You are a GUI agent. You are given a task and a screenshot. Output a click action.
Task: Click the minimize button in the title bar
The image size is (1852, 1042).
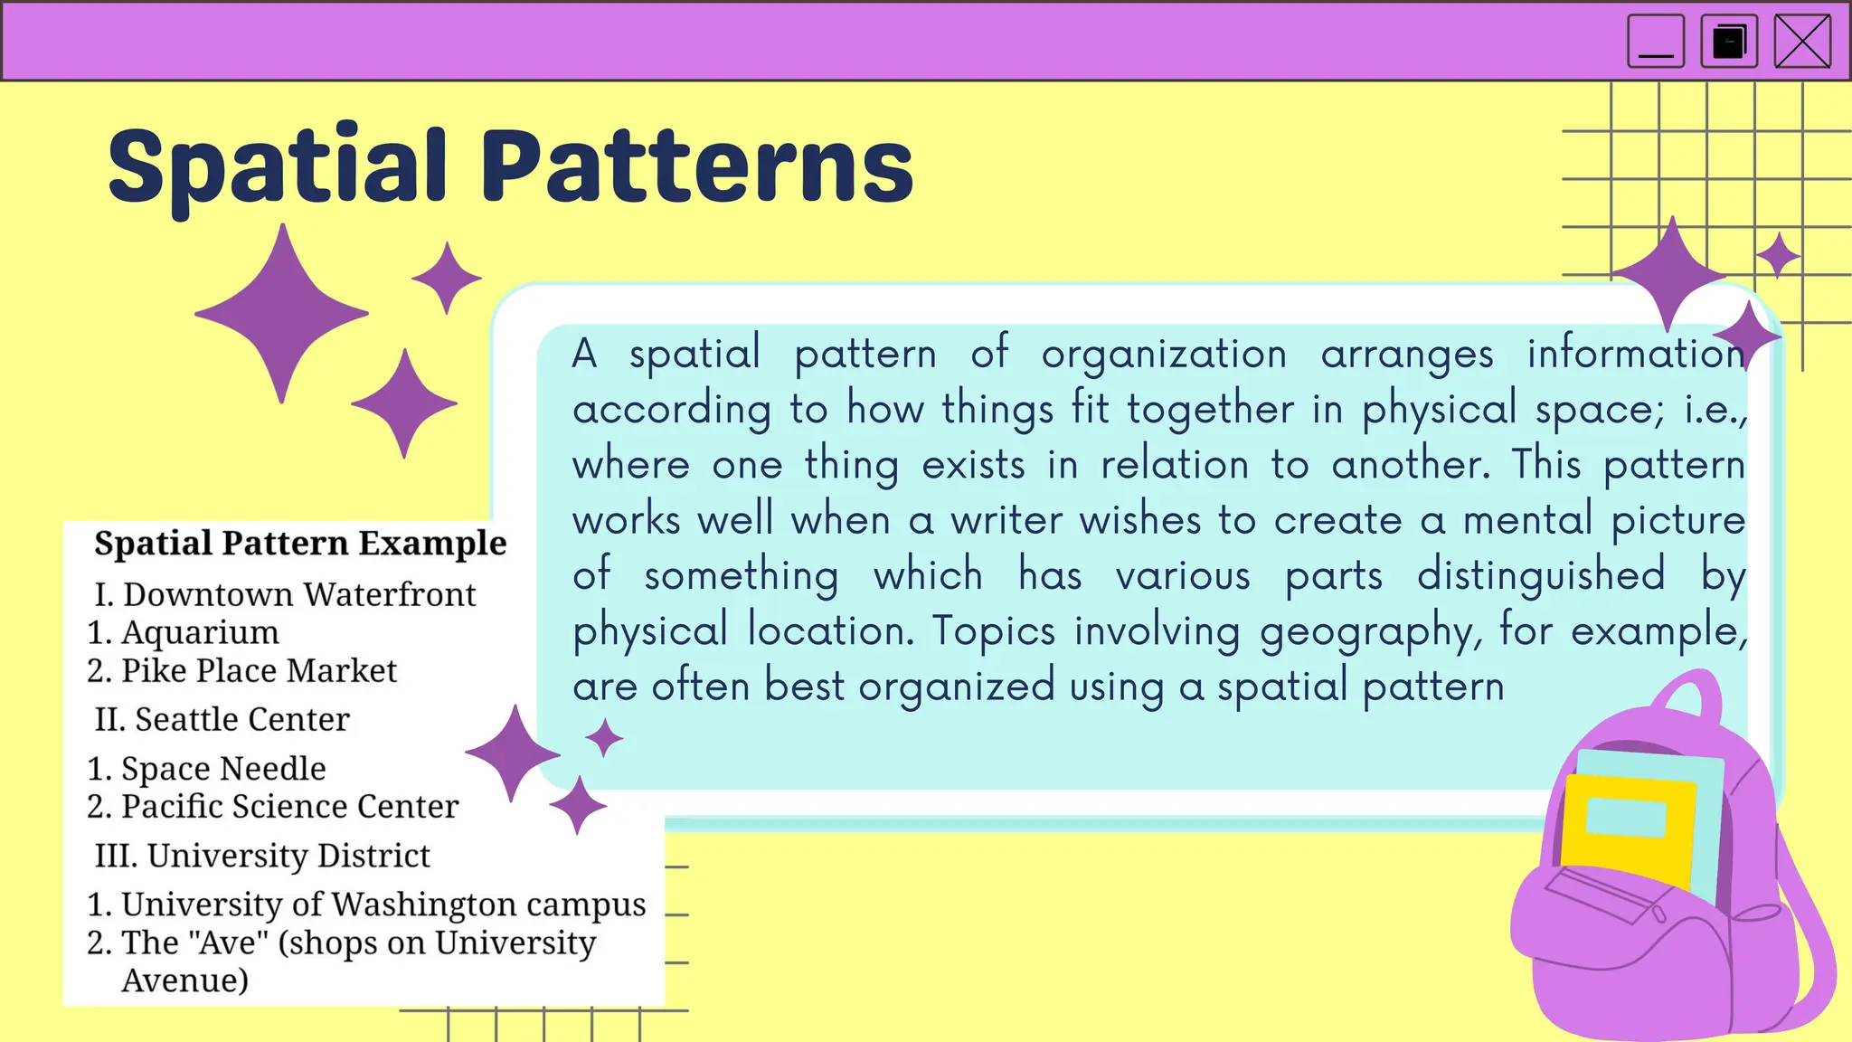pos(1655,42)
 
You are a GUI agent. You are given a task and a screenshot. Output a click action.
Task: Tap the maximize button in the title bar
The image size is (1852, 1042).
pos(1729,42)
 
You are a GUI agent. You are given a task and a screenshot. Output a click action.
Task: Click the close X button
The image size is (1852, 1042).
pos(1802,42)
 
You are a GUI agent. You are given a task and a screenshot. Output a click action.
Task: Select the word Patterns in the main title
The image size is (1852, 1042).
pos(696,167)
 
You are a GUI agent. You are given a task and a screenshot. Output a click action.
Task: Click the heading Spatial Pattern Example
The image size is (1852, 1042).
pos(300,543)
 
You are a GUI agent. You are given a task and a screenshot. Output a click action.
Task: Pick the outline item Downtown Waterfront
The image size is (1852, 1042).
pos(298,594)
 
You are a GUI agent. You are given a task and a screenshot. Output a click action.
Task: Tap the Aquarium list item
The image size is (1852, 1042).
pos(200,632)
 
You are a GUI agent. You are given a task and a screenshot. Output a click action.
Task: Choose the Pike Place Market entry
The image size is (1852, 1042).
pos(259,670)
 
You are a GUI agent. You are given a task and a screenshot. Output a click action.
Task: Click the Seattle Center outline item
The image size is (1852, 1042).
pos(241,719)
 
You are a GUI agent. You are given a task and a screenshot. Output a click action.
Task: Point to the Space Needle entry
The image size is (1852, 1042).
pos(223,768)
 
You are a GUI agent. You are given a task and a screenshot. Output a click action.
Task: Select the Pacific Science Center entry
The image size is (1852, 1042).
pos(289,806)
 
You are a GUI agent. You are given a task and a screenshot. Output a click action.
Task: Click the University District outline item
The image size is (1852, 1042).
pos(288,855)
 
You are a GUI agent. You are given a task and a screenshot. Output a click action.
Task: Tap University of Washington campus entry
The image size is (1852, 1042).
pos(383,904)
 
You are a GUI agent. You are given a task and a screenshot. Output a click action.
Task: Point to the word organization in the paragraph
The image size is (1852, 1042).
pos(1163,354)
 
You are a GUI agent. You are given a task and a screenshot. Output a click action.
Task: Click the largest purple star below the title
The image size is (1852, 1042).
pos(282,313)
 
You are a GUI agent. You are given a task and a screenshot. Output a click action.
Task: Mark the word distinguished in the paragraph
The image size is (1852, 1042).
pos(1540,575)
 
